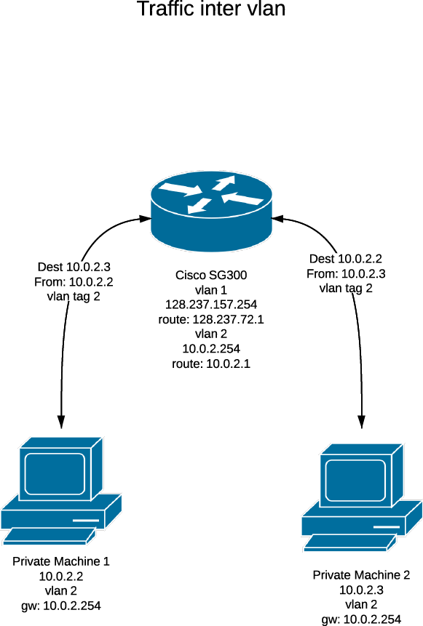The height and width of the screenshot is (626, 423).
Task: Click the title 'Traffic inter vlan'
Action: (211, 9)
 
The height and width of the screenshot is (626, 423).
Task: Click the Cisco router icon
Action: (211, 212)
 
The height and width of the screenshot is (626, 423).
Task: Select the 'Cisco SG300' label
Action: (211, 275)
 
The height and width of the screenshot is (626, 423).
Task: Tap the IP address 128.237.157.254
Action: (211, 305)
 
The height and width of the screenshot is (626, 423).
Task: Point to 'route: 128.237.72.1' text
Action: (211, 319)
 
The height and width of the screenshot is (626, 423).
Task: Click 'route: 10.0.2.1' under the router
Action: (211, 364)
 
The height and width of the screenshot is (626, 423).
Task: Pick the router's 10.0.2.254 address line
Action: (211, 349)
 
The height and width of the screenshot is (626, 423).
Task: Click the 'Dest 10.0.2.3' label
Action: (74, 267)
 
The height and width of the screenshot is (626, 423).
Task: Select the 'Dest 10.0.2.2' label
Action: (346, 259)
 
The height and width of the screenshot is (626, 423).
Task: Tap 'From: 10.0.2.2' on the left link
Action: (74, 282)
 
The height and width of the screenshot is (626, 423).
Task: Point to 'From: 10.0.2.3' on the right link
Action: (346, 274)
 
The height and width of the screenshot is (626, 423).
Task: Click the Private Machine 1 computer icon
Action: (60, 491)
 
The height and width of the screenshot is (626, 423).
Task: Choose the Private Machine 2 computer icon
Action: (362, 497)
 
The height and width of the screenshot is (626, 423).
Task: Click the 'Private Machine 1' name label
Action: (60, 561)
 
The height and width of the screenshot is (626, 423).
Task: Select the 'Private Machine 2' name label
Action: (361, 575)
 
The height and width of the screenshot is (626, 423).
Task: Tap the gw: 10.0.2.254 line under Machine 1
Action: (60, 606)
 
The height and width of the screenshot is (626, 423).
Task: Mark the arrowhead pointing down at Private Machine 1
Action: (60, 422)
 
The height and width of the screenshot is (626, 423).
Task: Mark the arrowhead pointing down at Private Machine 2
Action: (361, 422)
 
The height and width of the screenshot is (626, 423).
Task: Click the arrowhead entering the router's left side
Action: (145, 218)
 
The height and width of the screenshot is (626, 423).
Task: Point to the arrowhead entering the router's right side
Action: (278, 218)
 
